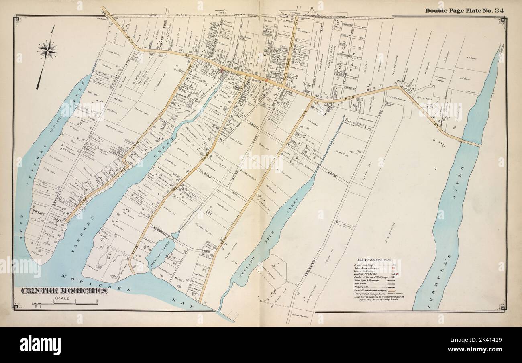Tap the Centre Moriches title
point(64,291)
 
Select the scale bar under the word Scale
point(64,304)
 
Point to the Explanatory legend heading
point(375,260)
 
